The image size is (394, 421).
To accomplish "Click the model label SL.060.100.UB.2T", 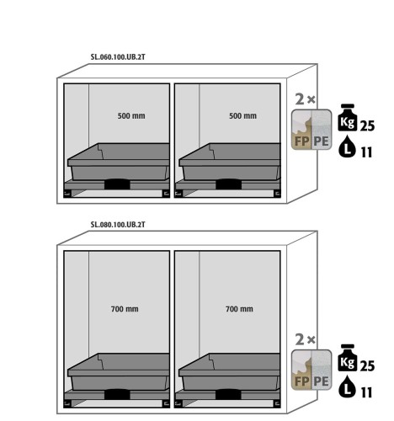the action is [118, 57].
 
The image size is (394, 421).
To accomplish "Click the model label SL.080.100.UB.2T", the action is [118, 225].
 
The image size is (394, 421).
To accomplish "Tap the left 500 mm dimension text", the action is [131, 115].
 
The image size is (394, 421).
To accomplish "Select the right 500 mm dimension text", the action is [242, 115].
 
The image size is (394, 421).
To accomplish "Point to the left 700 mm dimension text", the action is [125, 309].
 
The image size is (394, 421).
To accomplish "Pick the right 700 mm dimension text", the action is [239, 309].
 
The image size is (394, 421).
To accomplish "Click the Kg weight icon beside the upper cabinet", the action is [348, 118].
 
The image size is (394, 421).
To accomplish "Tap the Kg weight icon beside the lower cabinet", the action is [348, 358].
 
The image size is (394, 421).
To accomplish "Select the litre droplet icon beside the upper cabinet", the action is [347, 147].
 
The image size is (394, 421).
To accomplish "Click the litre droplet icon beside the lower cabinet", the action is [347, 386].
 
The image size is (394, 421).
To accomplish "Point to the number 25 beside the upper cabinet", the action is [367, 126].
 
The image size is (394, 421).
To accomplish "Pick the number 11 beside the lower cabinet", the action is [366, 392].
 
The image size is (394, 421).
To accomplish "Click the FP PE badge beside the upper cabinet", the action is [311, 130].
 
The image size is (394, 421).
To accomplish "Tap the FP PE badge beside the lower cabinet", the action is [311, 370].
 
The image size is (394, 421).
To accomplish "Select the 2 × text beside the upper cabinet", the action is [305, 99].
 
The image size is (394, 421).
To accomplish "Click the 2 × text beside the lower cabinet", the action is [305, 340].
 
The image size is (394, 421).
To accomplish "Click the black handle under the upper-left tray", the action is [117, 184].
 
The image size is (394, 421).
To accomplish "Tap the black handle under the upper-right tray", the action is [228, 184].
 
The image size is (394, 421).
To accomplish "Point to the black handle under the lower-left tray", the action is [117, 394].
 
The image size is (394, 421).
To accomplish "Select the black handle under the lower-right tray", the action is [228, 394].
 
